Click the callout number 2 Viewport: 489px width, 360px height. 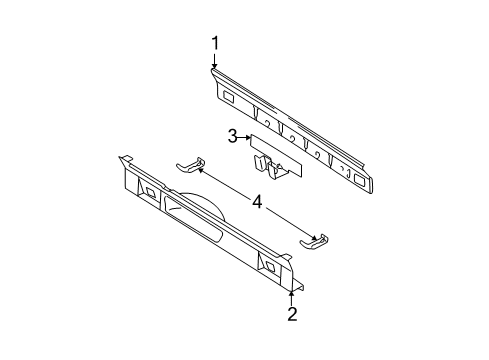[x=292, y=316]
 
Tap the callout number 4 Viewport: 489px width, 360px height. [x=257, y=202]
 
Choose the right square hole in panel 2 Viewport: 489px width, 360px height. [x=269, y=265]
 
